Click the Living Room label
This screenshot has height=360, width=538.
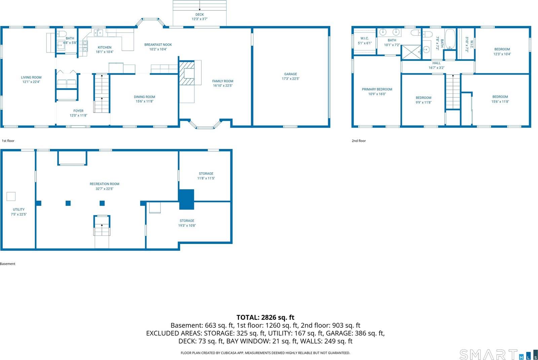coord(31,77)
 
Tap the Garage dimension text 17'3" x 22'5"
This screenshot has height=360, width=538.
coord(291,79)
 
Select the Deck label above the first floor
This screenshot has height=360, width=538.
coord(199,14)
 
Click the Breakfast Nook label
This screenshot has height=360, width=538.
coord(158,45)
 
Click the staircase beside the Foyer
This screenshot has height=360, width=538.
coord(102,93)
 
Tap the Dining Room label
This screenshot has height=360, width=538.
coord(145,97)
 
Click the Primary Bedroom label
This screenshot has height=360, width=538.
coord(377,89)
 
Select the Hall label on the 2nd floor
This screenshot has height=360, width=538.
coord(436,63)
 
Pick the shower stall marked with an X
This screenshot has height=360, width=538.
coord(411,52)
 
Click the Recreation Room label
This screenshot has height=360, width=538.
coord(104,184)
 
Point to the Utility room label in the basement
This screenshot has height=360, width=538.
coord(18,209)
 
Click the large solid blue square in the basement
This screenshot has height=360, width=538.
coord(186,199)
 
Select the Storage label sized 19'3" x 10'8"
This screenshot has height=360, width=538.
coord(187,221)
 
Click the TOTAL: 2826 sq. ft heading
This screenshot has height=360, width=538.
coord(265,317)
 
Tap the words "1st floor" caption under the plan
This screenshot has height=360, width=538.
coord(8,141)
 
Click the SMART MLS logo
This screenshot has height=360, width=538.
coord(498,355)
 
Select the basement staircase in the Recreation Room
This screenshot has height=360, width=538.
coord(102,226)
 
